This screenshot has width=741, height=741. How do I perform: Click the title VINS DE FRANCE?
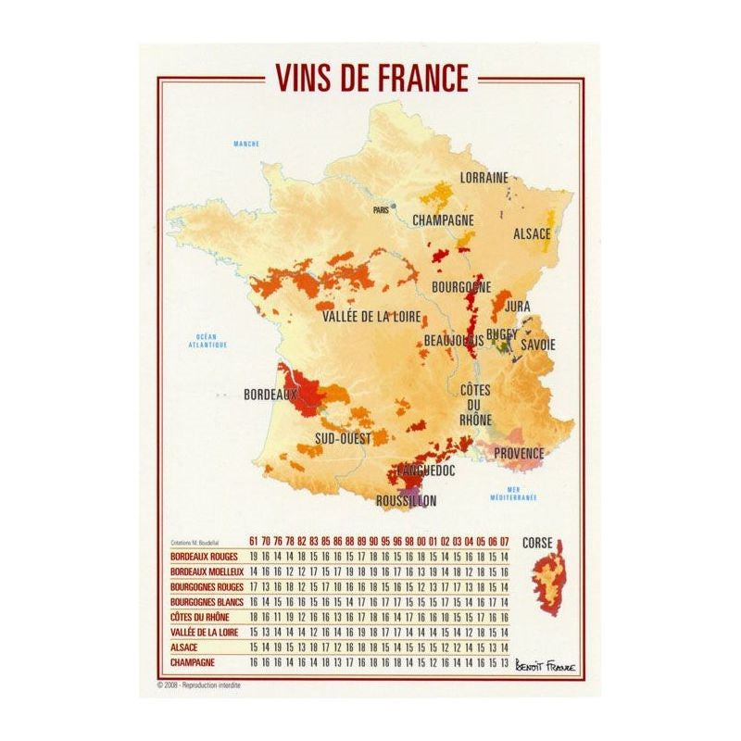click(370, 78)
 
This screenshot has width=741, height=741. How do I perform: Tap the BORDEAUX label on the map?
click(270, 395)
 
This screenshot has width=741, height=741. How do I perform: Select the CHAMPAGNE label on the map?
click(443, 220)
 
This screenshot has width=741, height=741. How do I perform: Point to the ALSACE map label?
click(532, 234)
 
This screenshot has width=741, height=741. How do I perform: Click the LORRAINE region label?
click(484, 177)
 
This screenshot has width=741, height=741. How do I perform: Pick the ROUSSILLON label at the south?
click(406, 501)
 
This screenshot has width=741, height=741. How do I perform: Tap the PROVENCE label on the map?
click(518, 454)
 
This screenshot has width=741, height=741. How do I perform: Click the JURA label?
click(517, 305)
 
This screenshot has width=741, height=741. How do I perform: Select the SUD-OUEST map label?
click(343, 437)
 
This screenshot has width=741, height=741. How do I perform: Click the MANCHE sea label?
click(246, 144)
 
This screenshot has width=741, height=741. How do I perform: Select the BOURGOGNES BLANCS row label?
click(206, 602)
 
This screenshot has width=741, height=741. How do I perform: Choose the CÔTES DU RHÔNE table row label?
click(199, 617)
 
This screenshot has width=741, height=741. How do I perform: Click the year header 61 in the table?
click(254, 540)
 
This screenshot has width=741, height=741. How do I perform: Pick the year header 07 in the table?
click(505, 540)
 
